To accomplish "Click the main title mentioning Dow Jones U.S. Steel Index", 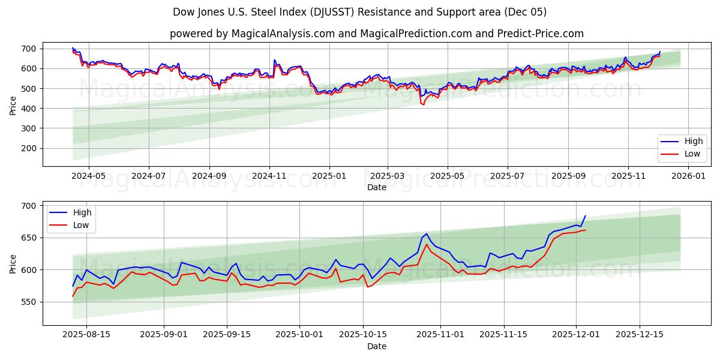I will tap(359, 12).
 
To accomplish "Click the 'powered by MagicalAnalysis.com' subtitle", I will tap(376, 34).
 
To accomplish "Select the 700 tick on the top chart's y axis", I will tap(29, 49).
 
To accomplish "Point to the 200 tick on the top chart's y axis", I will tap(29, 148).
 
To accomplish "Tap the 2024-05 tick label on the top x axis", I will tap(88, 176).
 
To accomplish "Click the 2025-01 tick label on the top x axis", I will tap(329, 176).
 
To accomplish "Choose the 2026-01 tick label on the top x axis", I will tap(688, 176).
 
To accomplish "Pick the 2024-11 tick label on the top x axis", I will tap(269, 176).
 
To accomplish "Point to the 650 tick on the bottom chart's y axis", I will tap(29, 238).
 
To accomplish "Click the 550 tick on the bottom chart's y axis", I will tap(29, 302).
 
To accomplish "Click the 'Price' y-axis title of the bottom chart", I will tap(13, 263).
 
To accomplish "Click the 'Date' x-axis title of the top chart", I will tap(376, 187).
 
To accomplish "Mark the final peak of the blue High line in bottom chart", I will tap(585, 216).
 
